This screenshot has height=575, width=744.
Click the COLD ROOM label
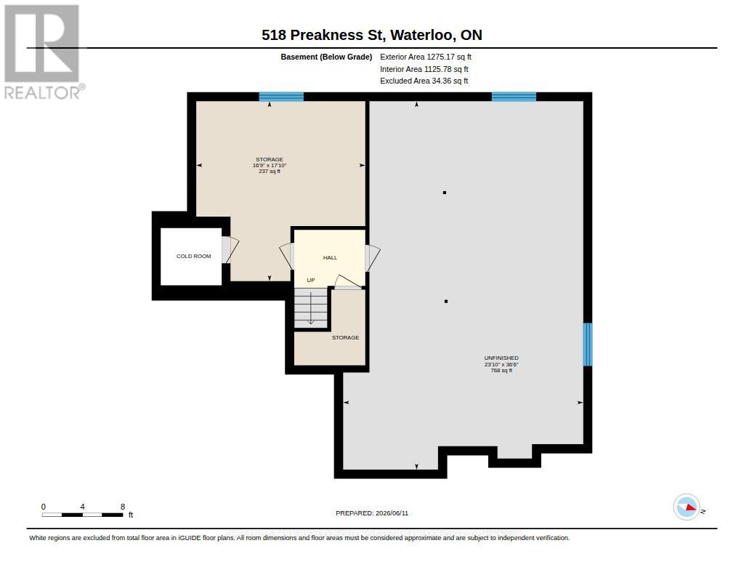tap(193, 257)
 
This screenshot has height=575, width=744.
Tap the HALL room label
tap(331, 258)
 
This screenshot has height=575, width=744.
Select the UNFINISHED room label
tap(501, 358)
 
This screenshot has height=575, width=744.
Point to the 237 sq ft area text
tap(270, 172)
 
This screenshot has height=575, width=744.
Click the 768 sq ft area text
tap(501, 370)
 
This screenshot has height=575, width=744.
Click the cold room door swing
tap(230, 250)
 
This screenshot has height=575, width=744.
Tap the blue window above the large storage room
tap(281, 97)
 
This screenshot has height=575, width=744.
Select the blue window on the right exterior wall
tap(587, 345)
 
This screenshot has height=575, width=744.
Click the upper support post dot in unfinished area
tap(445, 193)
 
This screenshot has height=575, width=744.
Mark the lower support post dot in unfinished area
tap(446, 302)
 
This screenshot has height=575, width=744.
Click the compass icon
tap(687, 507)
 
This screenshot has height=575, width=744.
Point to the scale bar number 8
tap(123, 507)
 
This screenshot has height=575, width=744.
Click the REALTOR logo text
tap(44, 92)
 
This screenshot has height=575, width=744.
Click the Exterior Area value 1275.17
tap(441, 57)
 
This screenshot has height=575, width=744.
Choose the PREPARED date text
tap(372, 513)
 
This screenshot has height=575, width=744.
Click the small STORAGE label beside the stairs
tap(345, 337)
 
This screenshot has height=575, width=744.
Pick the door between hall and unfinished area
tap(373, 258)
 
